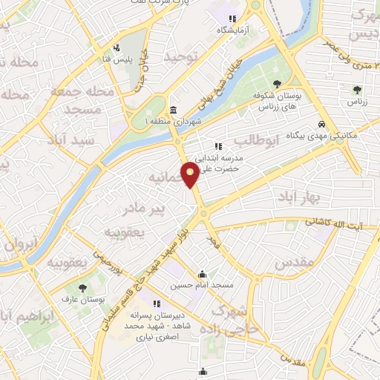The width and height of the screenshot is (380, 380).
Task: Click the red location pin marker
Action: point(191,175)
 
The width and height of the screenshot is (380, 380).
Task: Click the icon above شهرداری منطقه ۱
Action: point(173,110)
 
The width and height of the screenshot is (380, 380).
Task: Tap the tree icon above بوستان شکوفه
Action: point(277,84)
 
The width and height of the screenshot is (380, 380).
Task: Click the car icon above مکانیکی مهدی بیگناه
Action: point(321,124)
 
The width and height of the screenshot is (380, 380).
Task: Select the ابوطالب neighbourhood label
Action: point(255,140)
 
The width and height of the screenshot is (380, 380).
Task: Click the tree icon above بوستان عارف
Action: point(82,286)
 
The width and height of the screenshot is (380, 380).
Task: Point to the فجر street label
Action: point(215,242)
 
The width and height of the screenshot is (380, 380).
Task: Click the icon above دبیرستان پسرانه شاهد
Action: point(157,303)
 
